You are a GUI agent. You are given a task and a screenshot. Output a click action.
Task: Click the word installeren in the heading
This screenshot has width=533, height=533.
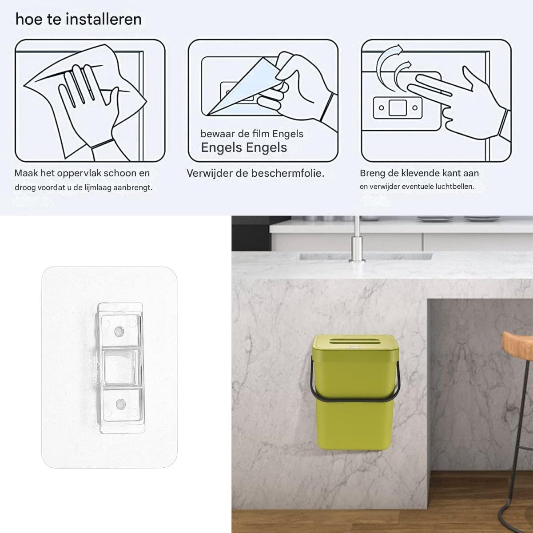point(104,20)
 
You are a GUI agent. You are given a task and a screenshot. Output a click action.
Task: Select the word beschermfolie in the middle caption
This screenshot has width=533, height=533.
point(288,173)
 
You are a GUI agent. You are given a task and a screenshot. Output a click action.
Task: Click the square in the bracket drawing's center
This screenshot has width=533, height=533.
point(398,108)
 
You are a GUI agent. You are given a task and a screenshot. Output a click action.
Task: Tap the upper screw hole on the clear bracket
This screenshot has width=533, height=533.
point(119,330)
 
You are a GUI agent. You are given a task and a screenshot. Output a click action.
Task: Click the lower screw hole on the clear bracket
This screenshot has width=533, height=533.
point(120,404)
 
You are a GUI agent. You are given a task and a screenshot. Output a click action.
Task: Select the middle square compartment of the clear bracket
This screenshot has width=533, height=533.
point(121,368)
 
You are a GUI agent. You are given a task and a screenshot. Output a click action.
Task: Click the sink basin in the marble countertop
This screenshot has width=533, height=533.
point(366,257)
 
